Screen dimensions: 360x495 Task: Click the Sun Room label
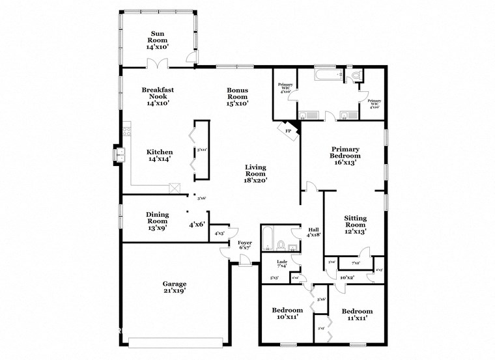point(158,40)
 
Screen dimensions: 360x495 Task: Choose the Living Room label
point(255,174)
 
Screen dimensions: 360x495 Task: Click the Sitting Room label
point(356,224)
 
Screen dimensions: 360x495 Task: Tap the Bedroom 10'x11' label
point(287,314)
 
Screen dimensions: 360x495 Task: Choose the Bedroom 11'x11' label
point(357,315)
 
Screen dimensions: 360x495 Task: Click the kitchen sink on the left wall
point(120,155)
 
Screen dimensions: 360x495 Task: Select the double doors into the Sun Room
point(157,63)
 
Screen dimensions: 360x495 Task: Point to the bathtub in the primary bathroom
point(326,76)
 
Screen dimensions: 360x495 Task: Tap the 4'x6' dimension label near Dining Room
point(197,225)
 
